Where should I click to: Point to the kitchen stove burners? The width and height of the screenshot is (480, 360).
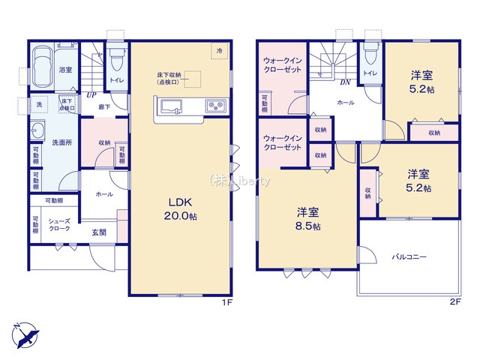click(x=214, y=106)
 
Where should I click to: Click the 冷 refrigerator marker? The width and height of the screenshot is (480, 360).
click(x=220, y=50)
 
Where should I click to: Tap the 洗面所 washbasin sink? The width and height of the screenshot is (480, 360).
click(x=40, y=130)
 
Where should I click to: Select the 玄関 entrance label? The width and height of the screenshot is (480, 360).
click(x=99, y=232)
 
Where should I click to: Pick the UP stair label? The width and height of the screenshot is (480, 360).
click(x=90, y=95)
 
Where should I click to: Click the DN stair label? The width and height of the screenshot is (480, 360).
click(x=346, y=83)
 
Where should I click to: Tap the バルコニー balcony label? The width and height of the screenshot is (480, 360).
click(x=409, y=257)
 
